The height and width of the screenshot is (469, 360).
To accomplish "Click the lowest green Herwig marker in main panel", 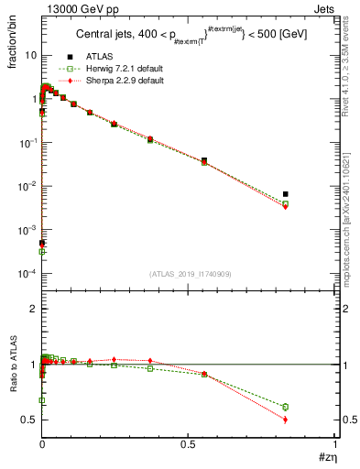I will pyautogui.click(x=42, y=251).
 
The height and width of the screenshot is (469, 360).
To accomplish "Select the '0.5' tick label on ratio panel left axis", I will pyautogui.click(x=27, y=420).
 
